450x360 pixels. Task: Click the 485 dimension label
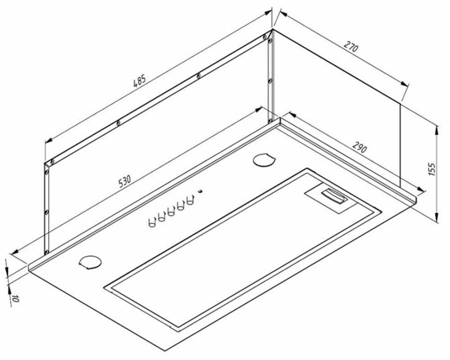tap(140, 81)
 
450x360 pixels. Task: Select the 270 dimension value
tap(351, 47)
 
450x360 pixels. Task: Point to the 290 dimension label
tap(359, 147)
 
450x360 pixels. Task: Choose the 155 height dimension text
tap(432, 169)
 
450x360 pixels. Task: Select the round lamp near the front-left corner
tap(90, 262)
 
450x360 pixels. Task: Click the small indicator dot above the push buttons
tap(200, 191)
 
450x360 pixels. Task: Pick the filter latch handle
tap(334, 196)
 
